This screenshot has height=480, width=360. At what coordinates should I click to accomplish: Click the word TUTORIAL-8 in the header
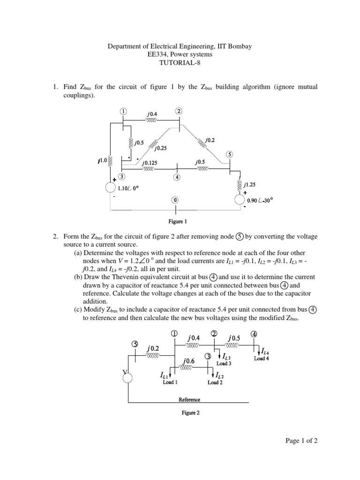click(x=180, y=63)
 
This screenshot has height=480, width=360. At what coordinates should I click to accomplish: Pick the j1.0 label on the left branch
click(x=101, y=161)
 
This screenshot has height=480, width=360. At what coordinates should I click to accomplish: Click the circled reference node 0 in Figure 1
click(x=175, y=200)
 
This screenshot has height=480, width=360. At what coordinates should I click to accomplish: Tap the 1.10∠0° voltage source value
click(x=128, y=188)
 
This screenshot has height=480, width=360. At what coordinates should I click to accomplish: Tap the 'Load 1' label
click(x=170, y=382)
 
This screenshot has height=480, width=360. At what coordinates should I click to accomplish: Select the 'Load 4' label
click(x=262, y=359)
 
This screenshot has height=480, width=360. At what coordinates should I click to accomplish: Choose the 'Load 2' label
click(x=215, y=382)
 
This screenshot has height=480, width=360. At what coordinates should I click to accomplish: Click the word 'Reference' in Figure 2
click(x=189, y=399)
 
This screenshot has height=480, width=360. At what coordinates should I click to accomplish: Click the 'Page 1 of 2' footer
click(x=302, y=441)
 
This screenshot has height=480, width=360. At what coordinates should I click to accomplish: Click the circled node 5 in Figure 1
click(x=229, y=154)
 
